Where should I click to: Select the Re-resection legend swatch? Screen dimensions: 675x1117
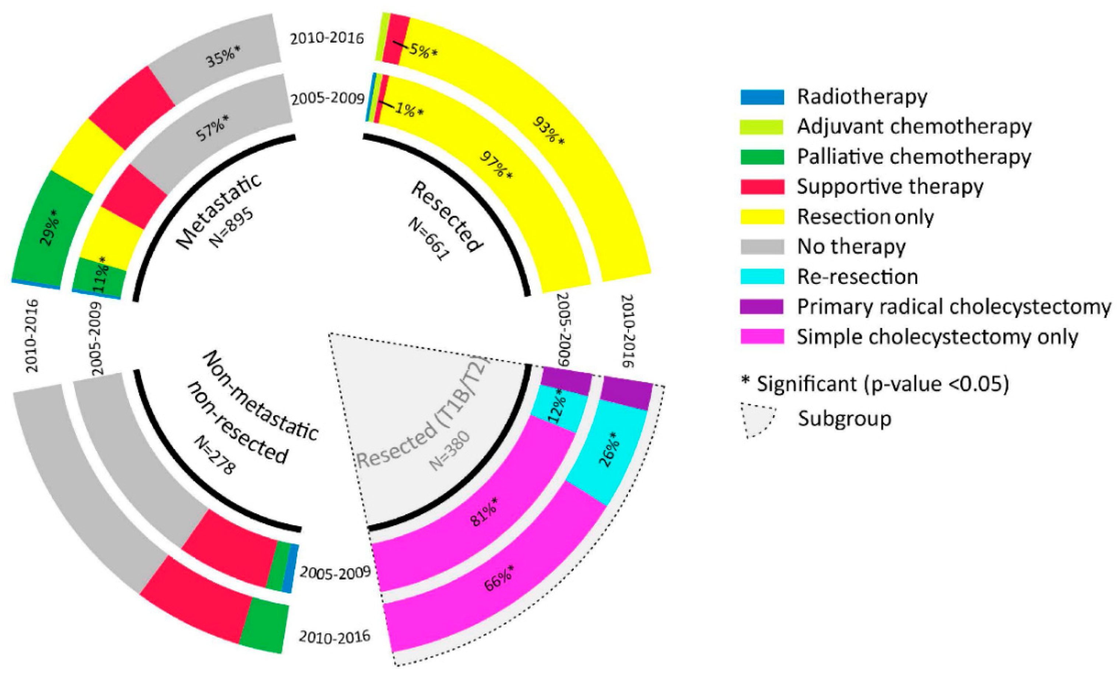pos(762,277)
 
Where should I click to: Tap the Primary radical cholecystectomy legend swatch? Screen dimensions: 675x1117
pos(762,306)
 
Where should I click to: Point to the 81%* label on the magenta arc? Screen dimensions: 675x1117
pos(484,513)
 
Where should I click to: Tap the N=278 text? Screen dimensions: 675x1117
pos(214,455)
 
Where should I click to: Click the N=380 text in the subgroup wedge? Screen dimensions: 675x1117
pos(450,451)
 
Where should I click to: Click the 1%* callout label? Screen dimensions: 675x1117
pos(409,109)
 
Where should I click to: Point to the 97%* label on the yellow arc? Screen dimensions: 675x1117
pos(496,165)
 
